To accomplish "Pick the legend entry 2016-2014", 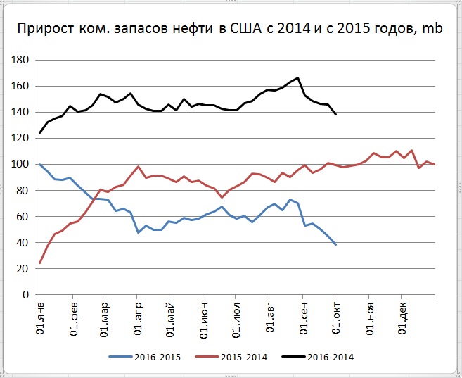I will pyautogui.click(x=331, y=357).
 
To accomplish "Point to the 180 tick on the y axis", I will pyautogui.click(x=20, y=61).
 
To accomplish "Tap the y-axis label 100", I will pyautogui.click(x=20, y=165).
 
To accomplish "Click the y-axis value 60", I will pyautogui.click(x=23, y=217).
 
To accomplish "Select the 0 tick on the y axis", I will pyautogui.click(x=25, y=295).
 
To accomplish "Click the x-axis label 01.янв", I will pyautogui.click(x=39, y=317).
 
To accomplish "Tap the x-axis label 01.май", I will pyautogui.click(x=170, y=317).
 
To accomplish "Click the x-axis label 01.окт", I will pyautogui.click(x=336, y=317).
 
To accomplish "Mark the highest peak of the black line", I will pyautogui.click(x=298, y=78).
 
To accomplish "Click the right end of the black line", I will pyautogui.click(x=336, y=114).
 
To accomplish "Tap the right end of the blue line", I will pyautogui.click(x=336, y=244).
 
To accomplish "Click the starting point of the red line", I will pyautogui.click(x=40, y=263).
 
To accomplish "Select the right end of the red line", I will pyautogui.click(x=435, y=165).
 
